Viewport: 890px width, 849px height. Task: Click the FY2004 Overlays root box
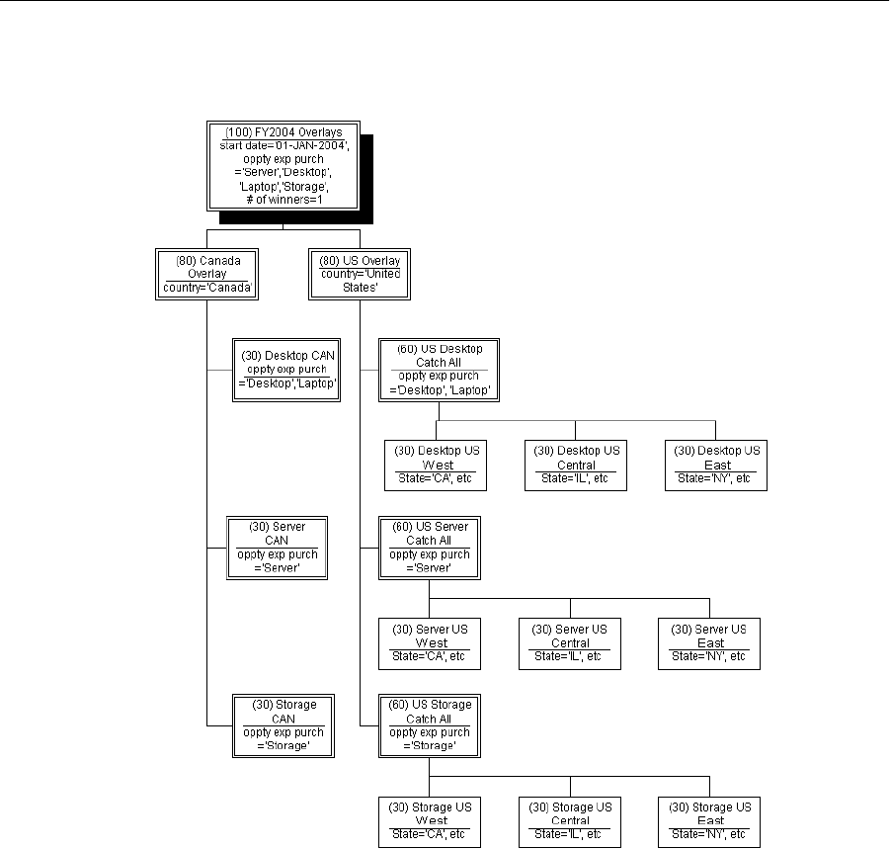283,166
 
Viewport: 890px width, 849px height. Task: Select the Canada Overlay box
205,274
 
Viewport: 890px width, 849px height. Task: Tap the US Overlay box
360,274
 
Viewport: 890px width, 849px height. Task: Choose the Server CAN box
277,548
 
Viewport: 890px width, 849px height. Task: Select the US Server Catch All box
429,548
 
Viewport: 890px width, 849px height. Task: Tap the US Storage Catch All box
430,725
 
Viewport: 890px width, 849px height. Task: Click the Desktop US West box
436,465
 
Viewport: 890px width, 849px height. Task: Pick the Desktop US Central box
576,465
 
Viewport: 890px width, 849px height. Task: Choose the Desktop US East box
716,465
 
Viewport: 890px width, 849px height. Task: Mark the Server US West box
430,643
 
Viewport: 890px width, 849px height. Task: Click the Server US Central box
570,643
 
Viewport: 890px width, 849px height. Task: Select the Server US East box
710,643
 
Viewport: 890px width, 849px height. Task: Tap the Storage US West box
430,821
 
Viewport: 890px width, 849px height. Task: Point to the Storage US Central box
570,821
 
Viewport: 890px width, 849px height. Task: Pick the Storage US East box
710,821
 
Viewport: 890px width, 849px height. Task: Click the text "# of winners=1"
283,200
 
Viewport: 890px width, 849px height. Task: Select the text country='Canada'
205,289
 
